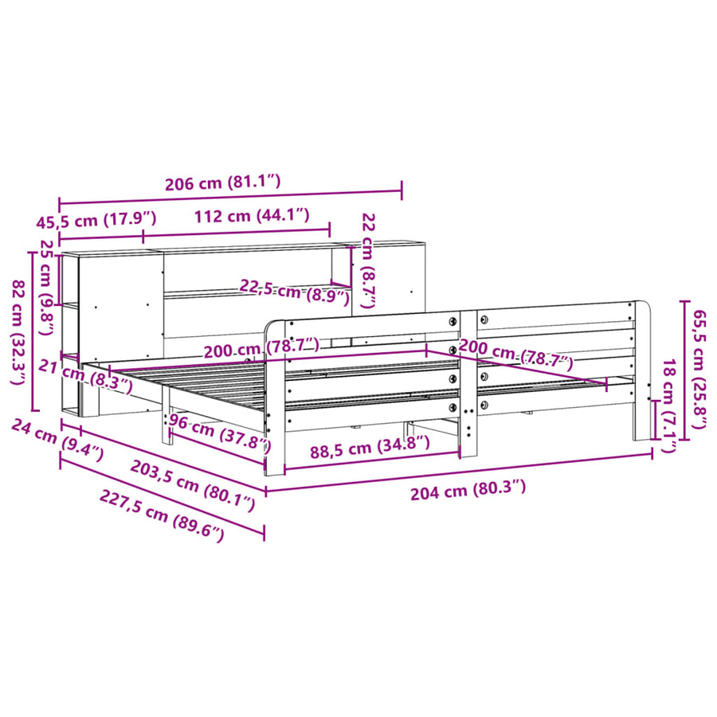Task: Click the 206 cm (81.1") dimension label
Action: click(x=223, y=182)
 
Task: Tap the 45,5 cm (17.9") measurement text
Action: click(x=96, y=220)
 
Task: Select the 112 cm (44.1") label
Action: click(x=252, y=215)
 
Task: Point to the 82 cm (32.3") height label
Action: click(x=18, y=332)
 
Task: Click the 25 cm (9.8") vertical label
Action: click(x=48, y=287)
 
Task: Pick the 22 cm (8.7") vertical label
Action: click(x=368, y=261)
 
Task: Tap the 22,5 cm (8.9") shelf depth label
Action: click(x=295, y=292)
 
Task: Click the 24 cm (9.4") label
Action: click(x=57, y=440)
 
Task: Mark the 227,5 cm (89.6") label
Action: click(x=162, y=516)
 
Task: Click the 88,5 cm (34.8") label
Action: click(x=370, y=447)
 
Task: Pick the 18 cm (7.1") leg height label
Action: click(x=669, y=406)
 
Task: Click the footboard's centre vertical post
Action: click(x=468, y=384)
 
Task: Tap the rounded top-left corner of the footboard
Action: click(x=271, y=327)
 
